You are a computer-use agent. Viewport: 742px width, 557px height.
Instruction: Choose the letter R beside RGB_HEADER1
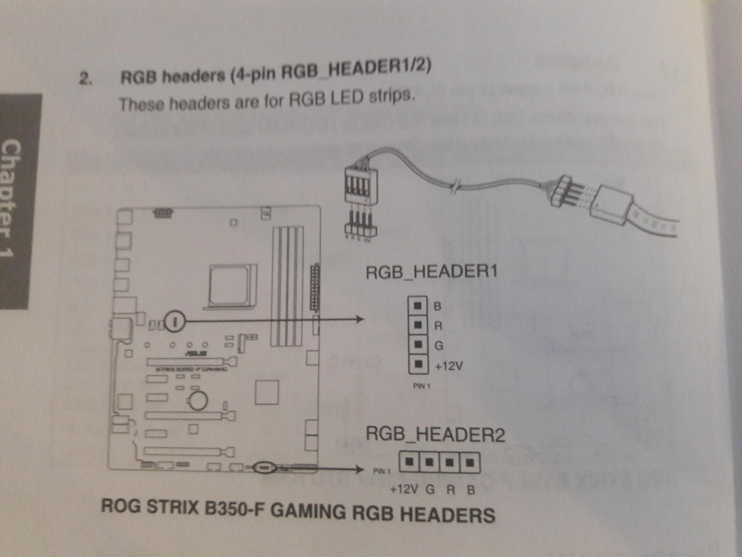point(438,326)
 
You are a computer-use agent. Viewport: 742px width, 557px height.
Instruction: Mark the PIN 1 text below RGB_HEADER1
point(422,386)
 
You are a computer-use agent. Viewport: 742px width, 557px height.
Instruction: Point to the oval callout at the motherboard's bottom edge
point(264,468)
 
